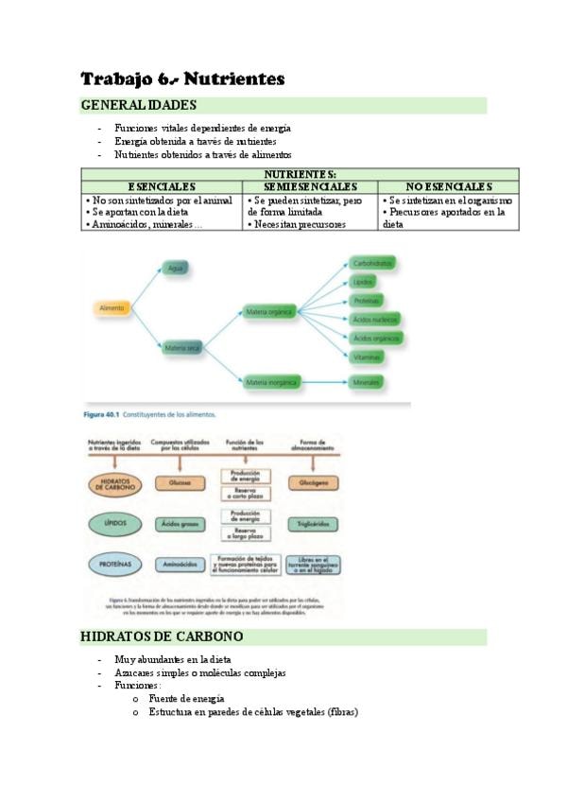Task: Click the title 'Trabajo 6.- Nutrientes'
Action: (x=182, y=78)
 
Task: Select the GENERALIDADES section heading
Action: (x=139, y=105)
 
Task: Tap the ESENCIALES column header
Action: (x=162, y=187)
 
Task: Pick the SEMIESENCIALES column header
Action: (x=310, y=187)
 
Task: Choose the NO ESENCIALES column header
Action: (x=448, y=187)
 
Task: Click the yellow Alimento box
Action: (x=112, y=308)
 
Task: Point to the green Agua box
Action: (x=175, y=270)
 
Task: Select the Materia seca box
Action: (x=182, y=349)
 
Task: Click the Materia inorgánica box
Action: (x=272, y=382)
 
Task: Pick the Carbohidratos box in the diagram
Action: (x=373, y=263)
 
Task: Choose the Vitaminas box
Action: (x=368, y=357)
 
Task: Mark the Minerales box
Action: (x=367, y=382)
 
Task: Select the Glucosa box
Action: (x=180, y=483)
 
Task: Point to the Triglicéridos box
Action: (x=312, y=522)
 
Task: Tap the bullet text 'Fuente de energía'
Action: (x=186, y=698)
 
